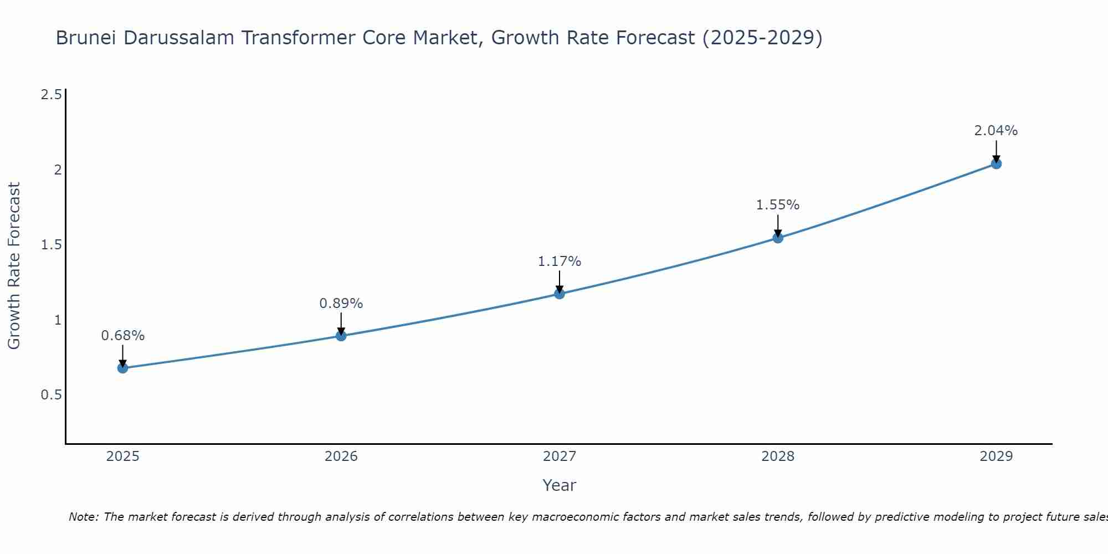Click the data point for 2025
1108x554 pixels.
point(122,368)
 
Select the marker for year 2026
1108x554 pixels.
point(341,336)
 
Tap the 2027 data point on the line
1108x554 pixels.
point(560,294)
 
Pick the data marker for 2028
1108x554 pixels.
point(778,238)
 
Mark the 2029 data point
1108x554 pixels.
point(996,163)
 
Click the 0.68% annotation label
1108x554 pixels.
point(122,336)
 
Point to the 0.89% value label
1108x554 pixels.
point(341,304)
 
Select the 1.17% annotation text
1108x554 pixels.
point(560,261)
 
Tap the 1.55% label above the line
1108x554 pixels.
point(778,205)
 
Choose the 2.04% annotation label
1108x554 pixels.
point(996,131)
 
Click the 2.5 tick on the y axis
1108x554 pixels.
point(51,95)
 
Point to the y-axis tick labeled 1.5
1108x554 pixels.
point(51,245)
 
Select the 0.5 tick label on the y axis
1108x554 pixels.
point(51,395)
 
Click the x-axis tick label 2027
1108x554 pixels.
point(560,456)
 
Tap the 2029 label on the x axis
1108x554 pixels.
point(996,456)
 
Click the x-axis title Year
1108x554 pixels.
point(560,485)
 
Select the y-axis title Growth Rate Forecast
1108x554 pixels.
point(14,266)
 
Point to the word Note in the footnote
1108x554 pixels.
point(83,517)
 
